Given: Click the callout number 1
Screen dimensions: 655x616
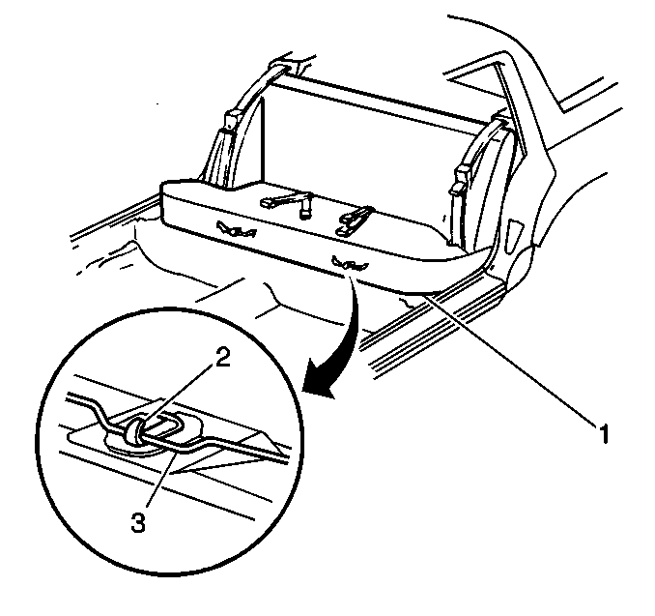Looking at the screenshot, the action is pyautogui.click(x=604, y=433).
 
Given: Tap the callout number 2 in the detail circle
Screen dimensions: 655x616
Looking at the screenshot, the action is pyautogui.click(x=222, y=358).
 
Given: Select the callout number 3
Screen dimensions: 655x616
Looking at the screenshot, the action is pyautogui.click(x=138, y=523).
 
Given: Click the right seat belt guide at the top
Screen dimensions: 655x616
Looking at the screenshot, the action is pyautogui.click(x=501, y=120).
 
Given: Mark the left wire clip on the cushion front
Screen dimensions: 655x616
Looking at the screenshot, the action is pyautogui.click(x=236, y=229).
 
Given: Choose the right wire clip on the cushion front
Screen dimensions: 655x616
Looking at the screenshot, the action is pyautogui.click(x=350, y=263).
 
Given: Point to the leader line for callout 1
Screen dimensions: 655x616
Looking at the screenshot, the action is pyautogui.click(x=511, y=359).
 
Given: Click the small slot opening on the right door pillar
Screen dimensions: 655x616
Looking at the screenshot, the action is pyautogui.click(x=513, y=237).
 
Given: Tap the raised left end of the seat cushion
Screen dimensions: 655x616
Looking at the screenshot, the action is pyautogui.click(x=184, y=201).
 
